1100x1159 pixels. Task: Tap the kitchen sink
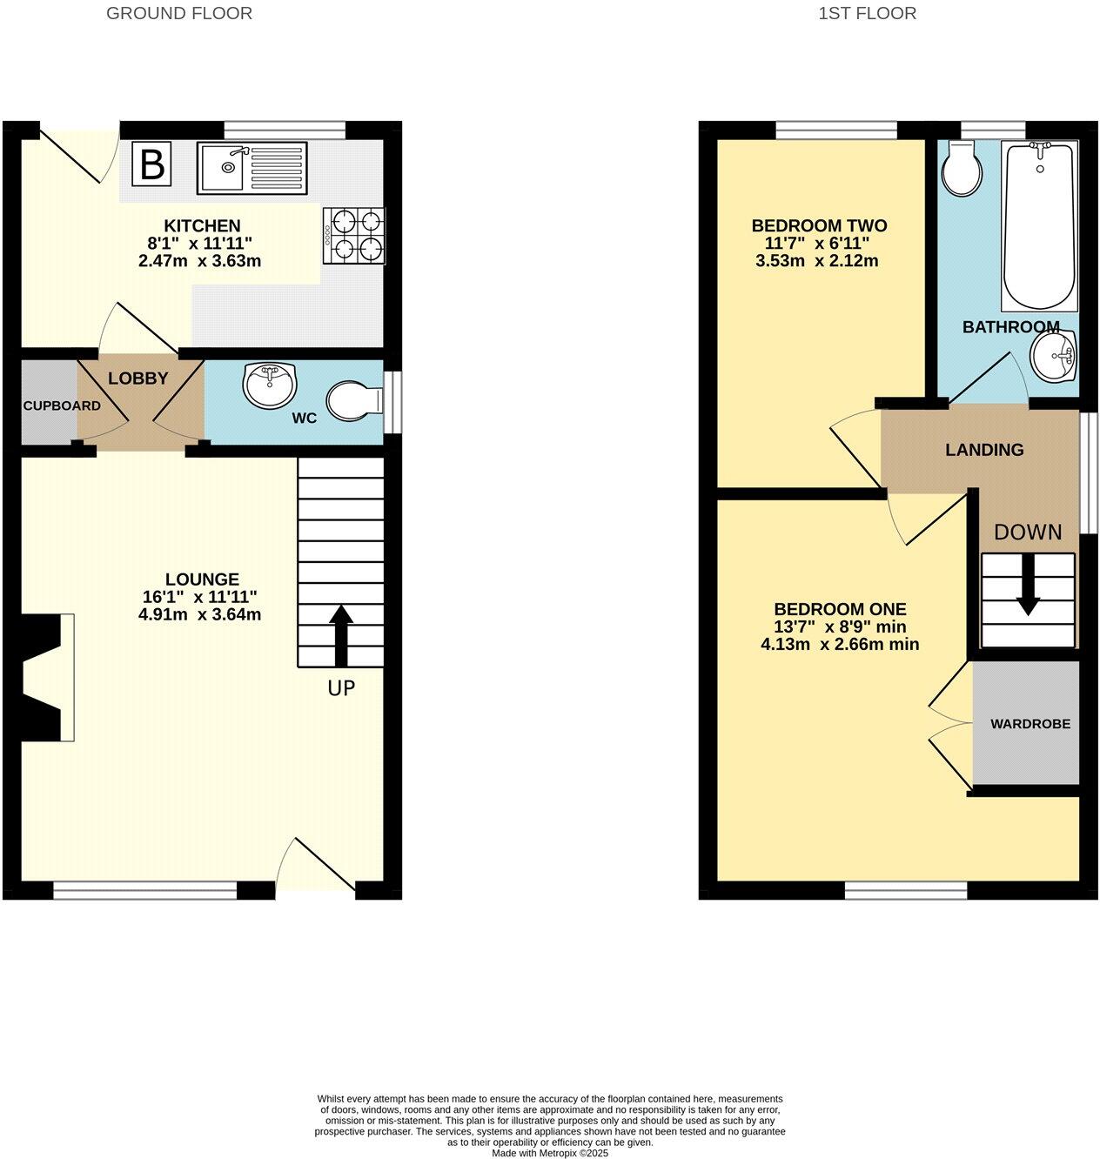coord(252,166)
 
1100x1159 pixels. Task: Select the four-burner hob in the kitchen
coord(354,235)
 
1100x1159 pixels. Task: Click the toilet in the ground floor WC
coord(353,402)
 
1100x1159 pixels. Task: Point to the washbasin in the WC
coord(270,385)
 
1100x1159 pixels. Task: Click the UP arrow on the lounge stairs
coord(340,635)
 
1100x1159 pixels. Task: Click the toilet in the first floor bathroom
coord(962,169)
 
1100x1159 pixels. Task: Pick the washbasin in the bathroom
coord(1054,358)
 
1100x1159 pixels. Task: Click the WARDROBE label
coord(1030,724)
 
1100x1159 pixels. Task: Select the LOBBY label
coord(137,379)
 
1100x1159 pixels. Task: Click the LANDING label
coord(984,450)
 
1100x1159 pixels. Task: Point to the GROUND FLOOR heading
coord(179,13)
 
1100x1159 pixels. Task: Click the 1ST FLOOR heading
coord(867,13)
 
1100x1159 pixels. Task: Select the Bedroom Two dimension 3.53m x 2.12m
coord(819,261)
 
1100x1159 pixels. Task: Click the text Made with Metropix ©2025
coord(550,1153)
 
